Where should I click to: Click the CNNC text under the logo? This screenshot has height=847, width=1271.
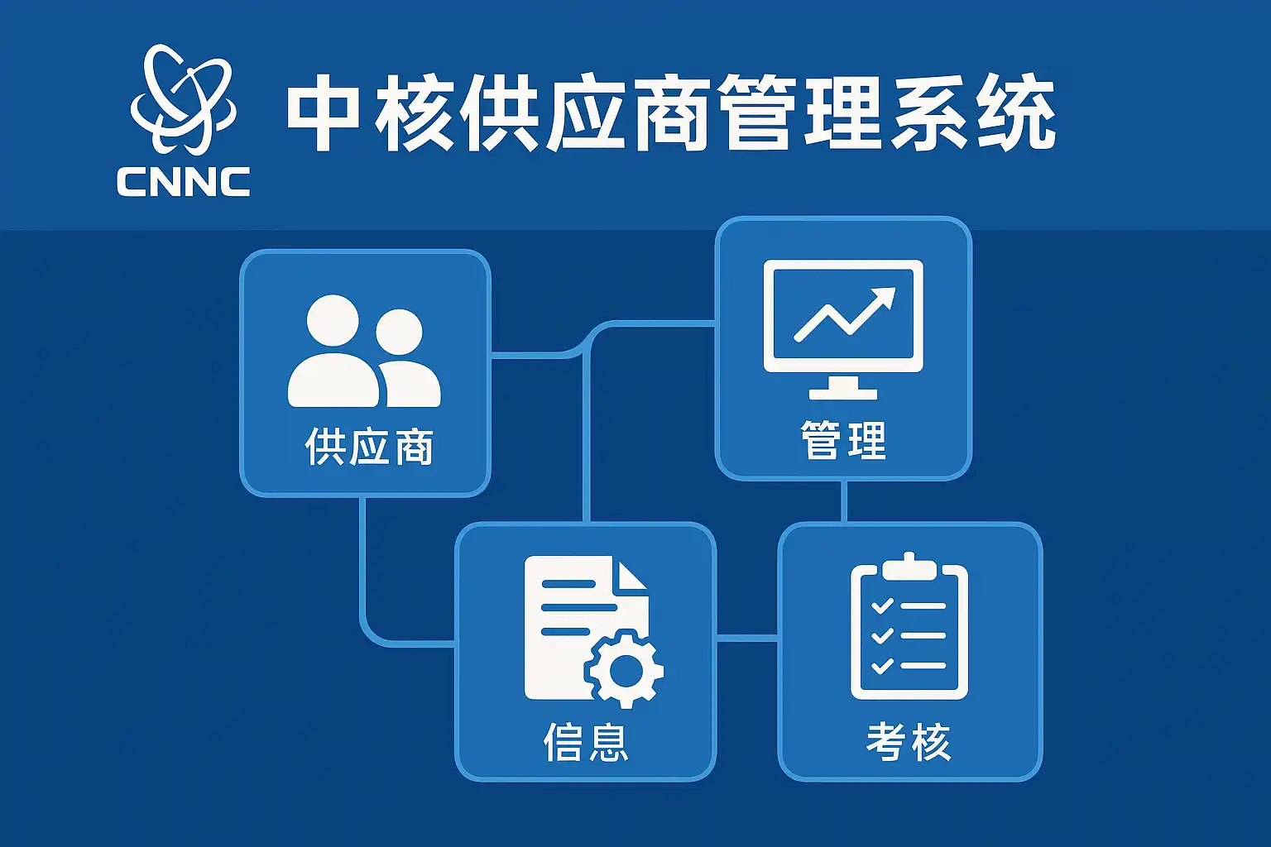tap(183, 181)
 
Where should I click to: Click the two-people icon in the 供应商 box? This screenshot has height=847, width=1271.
tap(364, 351)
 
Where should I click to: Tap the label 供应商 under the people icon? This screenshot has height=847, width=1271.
tap(369, 447)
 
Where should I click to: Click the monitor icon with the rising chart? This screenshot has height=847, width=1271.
tap(843, 329)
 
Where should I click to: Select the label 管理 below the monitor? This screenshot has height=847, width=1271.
tap(843, 439)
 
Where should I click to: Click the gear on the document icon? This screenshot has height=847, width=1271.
tap(624, 669)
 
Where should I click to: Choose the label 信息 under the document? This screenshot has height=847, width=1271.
tap(586, 741)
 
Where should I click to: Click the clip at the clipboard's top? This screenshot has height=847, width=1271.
tap(909, 566)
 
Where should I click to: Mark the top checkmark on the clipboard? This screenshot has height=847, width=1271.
tap(882, 605)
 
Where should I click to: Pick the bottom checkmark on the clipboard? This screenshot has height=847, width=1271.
tap(882, 665)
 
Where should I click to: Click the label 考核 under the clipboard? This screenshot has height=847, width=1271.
tap(909, 741)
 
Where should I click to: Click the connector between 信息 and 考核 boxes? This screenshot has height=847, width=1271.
tap(746, 639)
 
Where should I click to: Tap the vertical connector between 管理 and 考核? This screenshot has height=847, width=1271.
tap(844, 501)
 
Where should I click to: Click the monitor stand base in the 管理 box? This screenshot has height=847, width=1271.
tap(843, 394)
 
